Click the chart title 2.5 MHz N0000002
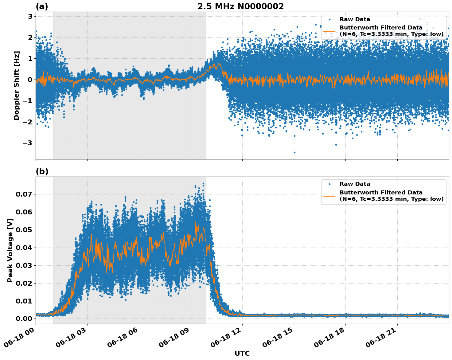(240, 6)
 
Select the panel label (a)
(42, 6)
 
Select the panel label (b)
(42, 171)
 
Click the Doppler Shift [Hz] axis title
(17, 85)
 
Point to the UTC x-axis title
(242, 353)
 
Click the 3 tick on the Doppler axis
(30, 17)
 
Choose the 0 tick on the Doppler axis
(30, 80)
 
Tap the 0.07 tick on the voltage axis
(24, 194)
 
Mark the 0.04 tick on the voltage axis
(24, 248)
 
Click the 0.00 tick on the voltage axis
(24, 319)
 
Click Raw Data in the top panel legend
(355, 19)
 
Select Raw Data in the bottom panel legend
(355, 184)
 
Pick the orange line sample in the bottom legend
(329, 196)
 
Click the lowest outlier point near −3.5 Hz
(294, 152)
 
